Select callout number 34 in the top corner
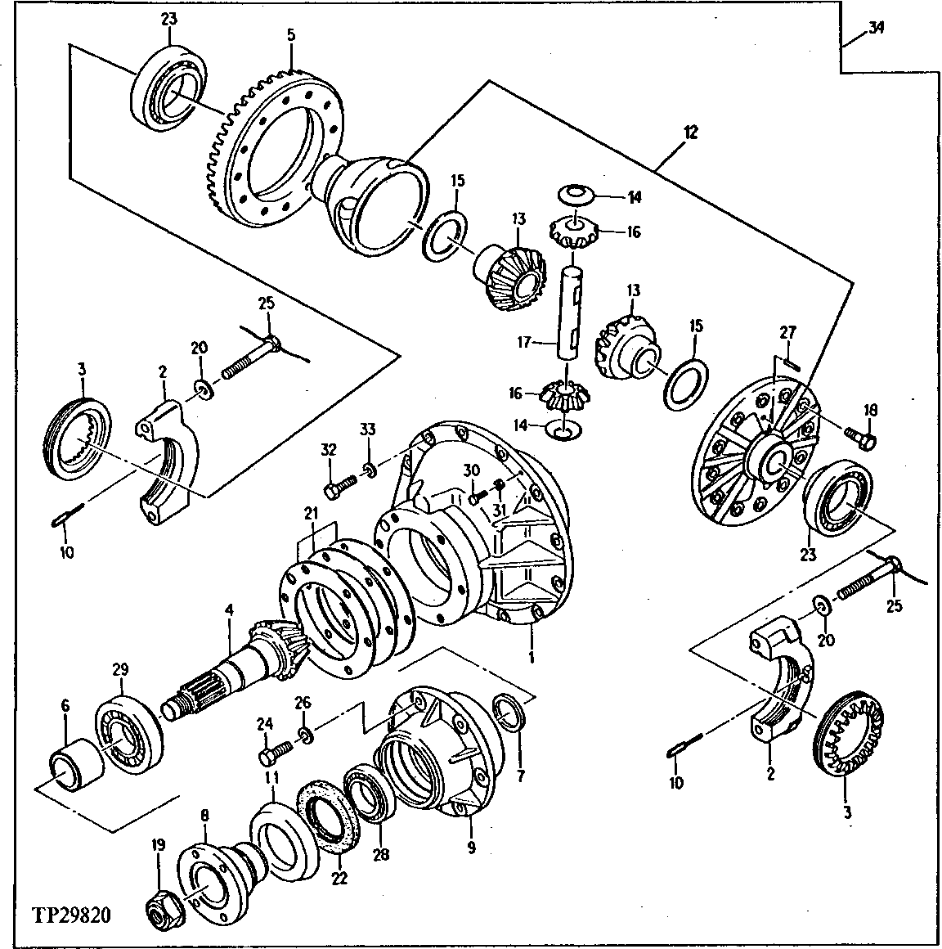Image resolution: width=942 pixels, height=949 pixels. tap(876, 28)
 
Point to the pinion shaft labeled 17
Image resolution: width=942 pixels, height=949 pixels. tap(570, 310)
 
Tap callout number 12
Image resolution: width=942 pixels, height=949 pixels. tap(692, 130)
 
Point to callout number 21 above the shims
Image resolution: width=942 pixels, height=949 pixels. tap(309, 513)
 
